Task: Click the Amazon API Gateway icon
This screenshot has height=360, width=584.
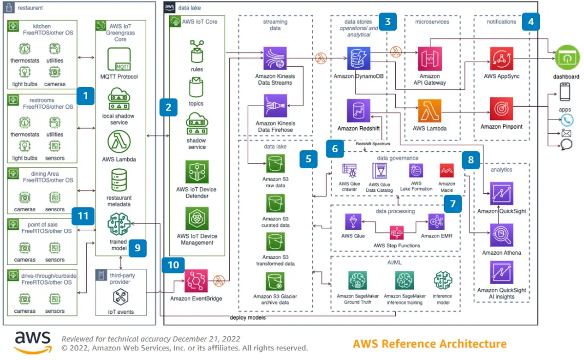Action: pyautogui.click(x=430, y=58)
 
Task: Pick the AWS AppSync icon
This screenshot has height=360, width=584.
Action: pyautogui.click(x=501, y=58)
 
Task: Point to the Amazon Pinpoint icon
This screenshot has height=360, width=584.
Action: pyautogui.click(x=501, y=109)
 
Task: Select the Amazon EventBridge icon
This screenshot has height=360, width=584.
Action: pyautogui.click(x=196, y=281)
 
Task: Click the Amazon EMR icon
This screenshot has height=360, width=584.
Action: pyautogui.click(x=436, y=222)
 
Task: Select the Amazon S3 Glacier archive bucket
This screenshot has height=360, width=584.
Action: pyautogui.click(x=275, y=282)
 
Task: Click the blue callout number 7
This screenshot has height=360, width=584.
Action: pyautogui.click(x=452, y=204)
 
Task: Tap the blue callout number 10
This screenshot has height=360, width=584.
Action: pyautogui.click(x=174, y=265)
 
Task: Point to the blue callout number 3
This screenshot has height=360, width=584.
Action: pyautogui.click(x=388, y=22)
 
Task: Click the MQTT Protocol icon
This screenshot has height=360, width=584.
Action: pyautogui.click(x=119, y=60)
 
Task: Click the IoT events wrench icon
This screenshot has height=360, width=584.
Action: pyautogui.click(x=121, y=297)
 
